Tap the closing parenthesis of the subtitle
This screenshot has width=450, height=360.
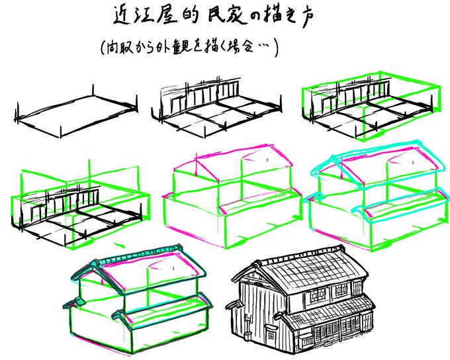(275, 48)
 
